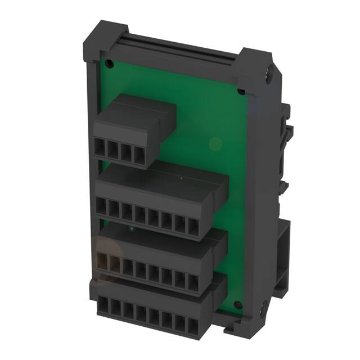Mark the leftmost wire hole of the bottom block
coord(102,306)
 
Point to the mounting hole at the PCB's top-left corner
coord(109,64)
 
